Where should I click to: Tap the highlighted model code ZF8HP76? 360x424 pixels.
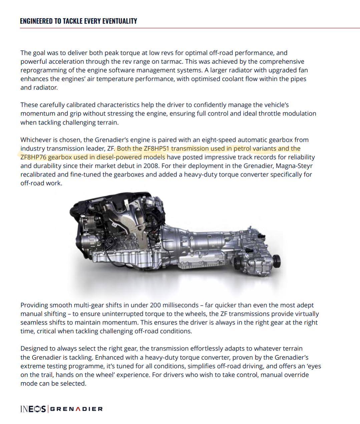coord(33,157)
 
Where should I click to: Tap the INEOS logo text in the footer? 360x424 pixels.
coord(33,409)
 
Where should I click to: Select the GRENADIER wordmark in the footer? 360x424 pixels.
coord(76,409)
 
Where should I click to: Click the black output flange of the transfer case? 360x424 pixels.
coord(276,261)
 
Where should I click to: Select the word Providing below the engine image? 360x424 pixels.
coord(34,305)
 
